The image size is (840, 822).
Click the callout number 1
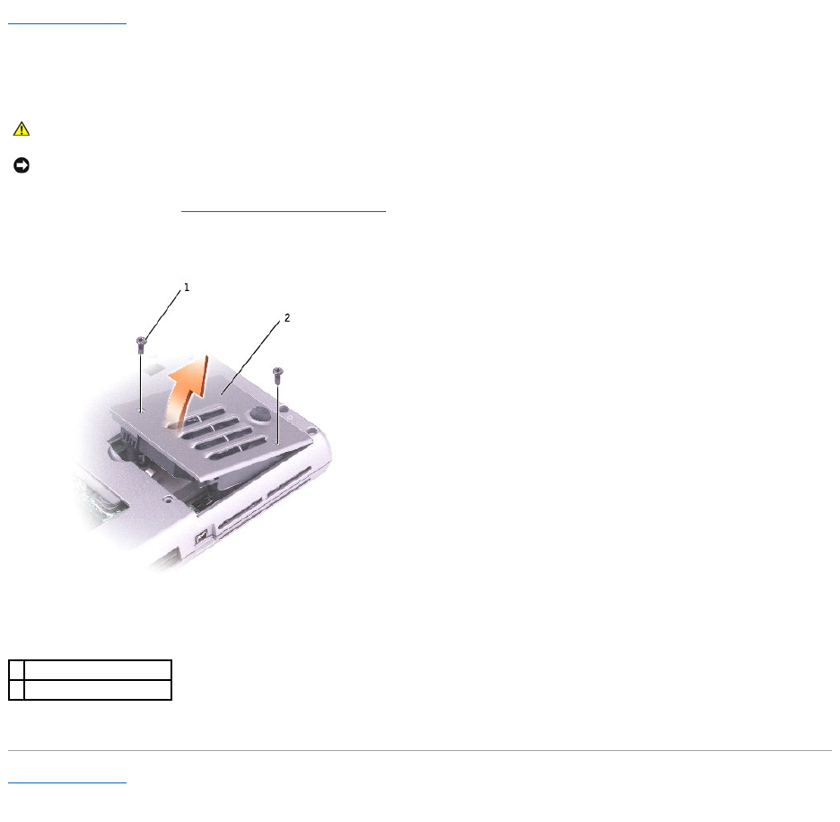tap(187, 287)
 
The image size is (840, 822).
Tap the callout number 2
tap(287, 318)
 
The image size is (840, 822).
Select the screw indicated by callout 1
tap(141, 344)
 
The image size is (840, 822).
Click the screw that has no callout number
tap(277, 375)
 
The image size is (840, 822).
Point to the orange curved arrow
tap(187, 392)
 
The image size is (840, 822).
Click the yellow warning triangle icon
tap(22, 128)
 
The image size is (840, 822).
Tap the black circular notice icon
tap(22, 165)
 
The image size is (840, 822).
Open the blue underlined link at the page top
tap(67, 23)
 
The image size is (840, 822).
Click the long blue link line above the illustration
tap(284, 211)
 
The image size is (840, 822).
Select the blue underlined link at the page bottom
tap(67, 782)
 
